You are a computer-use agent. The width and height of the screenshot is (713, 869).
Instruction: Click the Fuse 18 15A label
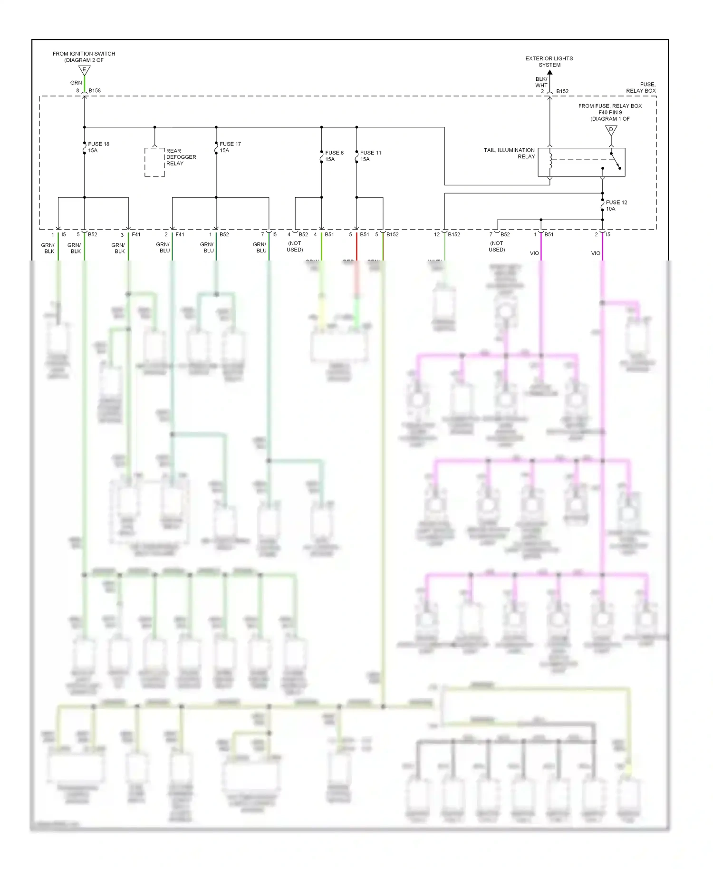[98, 147]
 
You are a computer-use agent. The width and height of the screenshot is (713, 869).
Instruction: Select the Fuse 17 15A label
[230, 147]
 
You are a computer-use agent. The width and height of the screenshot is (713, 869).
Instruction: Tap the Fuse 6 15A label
[334, 156]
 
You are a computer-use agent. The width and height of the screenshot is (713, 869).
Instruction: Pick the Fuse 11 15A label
[370, 156]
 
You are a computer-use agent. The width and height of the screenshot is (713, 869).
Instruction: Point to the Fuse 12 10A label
[617, 205]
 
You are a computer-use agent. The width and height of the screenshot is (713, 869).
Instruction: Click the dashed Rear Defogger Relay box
[154, 162]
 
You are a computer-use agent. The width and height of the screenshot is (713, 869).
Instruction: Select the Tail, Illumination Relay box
[581, 162]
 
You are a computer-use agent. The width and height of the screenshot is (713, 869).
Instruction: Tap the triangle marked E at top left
[84, 70]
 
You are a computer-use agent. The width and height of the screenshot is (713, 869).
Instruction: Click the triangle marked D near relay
[611, 130]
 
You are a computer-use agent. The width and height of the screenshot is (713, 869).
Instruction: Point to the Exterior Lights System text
[549, 62]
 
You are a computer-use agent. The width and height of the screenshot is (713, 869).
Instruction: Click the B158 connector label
[95, 90]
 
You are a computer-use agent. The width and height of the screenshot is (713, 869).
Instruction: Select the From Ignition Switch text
[84, 57]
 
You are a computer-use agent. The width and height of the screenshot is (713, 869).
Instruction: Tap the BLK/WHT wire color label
[541, 82]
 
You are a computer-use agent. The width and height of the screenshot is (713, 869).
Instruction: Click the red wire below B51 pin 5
[356, 247]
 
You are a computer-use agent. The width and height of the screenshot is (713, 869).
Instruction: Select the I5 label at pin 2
[608, 234]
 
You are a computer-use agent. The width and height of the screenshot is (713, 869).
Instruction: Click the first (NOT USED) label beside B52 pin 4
[295, 246]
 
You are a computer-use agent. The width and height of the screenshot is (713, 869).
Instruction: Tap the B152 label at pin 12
[454, 234]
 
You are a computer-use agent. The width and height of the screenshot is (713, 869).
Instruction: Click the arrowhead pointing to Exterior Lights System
[549, 72]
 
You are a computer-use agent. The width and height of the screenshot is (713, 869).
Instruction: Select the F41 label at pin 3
[136, 234]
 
